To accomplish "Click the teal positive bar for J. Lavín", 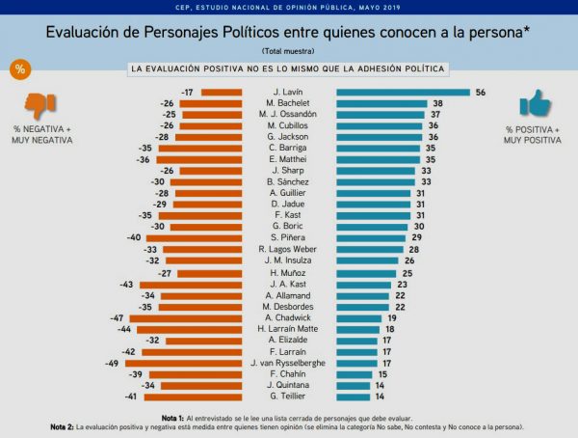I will click(x=403, y=92).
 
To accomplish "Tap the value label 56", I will click(x=479, y=92).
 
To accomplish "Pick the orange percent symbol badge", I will click(x=18, y=69).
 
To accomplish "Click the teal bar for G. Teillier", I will click(x=354, y=396).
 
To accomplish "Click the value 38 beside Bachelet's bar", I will click(x=436, y=103).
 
